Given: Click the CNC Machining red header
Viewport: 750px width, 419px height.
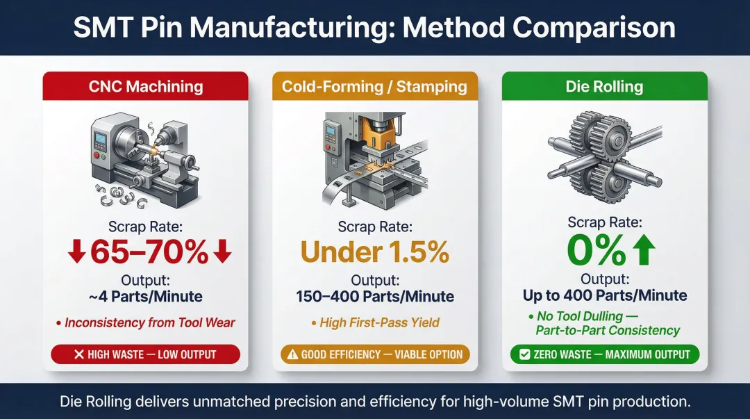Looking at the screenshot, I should (146, 86).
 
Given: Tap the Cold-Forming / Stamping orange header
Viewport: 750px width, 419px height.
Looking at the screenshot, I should (375, 86).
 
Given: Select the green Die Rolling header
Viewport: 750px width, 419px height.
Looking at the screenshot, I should (604, 86).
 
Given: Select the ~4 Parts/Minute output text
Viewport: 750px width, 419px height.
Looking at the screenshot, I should (146, 297).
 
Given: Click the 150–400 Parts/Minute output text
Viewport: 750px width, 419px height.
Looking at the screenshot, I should (375, 297).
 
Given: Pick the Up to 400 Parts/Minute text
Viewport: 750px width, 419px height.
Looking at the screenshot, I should (604, 295).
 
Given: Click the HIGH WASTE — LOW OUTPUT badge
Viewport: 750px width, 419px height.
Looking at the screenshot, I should (146, 354).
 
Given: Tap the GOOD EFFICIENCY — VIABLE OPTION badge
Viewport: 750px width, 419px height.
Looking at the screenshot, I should (375, 354).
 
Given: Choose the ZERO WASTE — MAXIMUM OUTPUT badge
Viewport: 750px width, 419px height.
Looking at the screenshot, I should (604, 354).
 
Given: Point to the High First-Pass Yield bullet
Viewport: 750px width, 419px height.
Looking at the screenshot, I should (378, 322).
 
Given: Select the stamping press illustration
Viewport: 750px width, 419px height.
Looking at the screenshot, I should (372, 156).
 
